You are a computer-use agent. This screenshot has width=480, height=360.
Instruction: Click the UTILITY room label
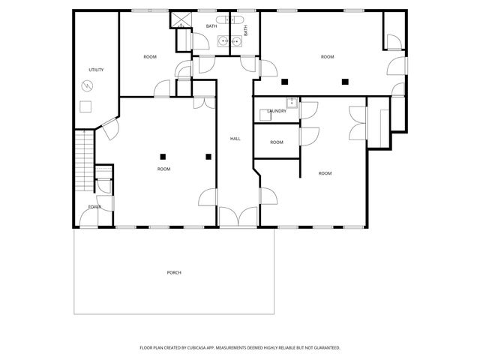coord(96,70)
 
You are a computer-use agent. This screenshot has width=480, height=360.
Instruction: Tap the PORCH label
coord(174,272)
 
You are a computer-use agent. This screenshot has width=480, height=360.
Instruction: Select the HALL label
coord(235,139)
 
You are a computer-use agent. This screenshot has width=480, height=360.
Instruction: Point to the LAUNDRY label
coord(277,111)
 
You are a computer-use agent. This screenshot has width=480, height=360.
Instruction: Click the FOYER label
coord(94,206)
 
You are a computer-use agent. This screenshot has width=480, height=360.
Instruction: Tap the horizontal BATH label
coord(211,27)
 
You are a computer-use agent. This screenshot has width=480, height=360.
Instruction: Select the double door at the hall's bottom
coord(238,217)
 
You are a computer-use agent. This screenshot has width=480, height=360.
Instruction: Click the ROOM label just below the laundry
coord(277,142)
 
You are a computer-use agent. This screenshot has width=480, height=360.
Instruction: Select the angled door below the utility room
coord(109,129)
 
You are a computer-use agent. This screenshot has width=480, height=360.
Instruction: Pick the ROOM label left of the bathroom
coord(150,57)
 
